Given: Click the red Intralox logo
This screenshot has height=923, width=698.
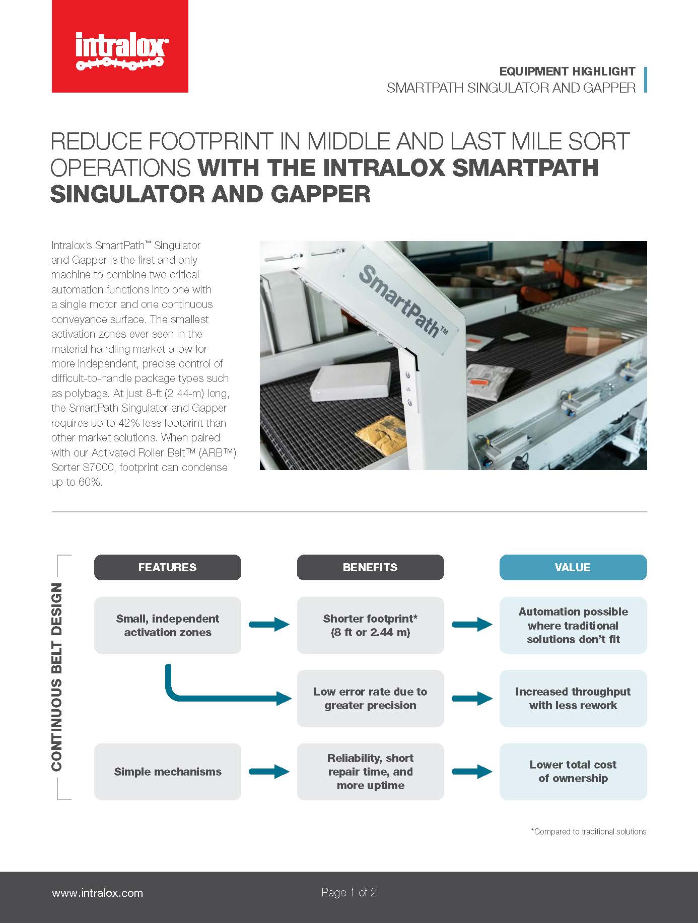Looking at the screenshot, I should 120,46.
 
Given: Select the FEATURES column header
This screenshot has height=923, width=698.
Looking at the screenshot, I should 167,567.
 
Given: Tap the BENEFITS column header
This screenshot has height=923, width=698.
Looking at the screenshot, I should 370,567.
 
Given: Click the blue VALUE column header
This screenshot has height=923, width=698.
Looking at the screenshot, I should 573,567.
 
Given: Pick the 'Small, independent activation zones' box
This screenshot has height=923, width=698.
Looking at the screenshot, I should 167,625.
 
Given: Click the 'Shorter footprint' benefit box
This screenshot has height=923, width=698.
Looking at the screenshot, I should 370,625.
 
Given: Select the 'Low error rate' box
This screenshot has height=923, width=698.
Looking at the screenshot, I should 370,698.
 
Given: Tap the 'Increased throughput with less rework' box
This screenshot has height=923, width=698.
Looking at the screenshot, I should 573,698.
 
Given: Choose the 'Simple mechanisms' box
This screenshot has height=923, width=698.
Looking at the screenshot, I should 167,772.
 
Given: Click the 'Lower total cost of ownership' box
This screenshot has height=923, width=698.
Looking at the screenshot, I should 573,772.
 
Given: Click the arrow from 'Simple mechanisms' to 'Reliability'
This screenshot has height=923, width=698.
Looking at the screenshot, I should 269,772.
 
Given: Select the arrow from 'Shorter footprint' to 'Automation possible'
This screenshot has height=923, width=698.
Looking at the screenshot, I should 472,625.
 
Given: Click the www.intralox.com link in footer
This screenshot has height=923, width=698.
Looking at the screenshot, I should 97,893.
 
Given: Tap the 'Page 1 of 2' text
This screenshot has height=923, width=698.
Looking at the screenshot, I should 349,892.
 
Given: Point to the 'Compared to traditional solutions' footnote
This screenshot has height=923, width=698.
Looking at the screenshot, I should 588,831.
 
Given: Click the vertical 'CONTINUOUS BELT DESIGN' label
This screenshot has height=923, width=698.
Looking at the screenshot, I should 57,677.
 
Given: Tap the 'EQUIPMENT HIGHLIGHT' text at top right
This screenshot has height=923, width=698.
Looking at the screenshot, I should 567,71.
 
